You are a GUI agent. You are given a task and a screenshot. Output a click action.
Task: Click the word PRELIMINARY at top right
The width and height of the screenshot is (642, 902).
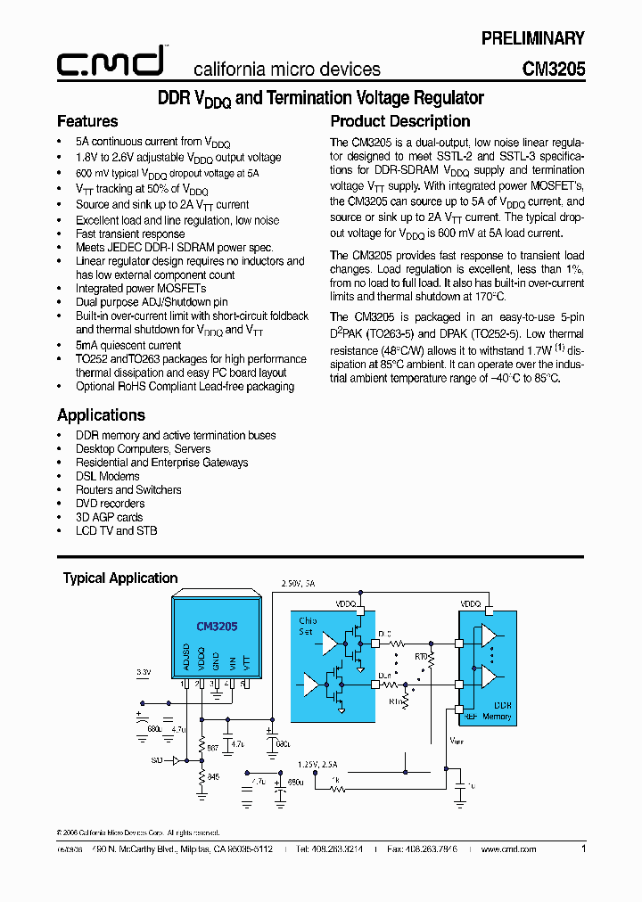533,38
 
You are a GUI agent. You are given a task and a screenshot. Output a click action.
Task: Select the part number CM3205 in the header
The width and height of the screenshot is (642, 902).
554,69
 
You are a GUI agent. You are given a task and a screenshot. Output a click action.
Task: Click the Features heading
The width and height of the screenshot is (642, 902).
87,121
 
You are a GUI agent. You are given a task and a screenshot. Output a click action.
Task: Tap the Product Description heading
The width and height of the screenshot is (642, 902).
400,121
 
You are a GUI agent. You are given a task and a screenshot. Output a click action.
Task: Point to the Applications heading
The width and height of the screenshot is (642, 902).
101,415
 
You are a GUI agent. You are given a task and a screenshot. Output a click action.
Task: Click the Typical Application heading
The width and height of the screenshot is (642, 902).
120,578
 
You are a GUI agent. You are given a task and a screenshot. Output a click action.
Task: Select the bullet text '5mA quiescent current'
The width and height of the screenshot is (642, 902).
128,346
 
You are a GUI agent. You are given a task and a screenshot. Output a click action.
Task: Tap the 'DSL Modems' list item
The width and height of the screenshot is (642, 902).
108,476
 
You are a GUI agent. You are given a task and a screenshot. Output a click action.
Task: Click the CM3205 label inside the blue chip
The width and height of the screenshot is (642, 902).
217,627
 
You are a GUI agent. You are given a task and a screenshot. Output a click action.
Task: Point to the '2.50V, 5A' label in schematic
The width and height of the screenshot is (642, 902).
299,583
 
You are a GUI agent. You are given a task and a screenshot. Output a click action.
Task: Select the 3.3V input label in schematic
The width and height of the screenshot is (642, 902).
144,671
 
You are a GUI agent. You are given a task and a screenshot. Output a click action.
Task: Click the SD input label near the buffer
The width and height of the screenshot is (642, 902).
157,759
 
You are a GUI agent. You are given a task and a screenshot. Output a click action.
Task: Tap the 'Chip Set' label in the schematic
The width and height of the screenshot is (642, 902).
308,626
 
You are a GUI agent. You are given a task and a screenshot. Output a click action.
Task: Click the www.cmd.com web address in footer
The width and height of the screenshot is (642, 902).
508,849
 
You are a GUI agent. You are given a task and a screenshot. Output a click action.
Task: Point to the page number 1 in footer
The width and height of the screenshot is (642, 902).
583,849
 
